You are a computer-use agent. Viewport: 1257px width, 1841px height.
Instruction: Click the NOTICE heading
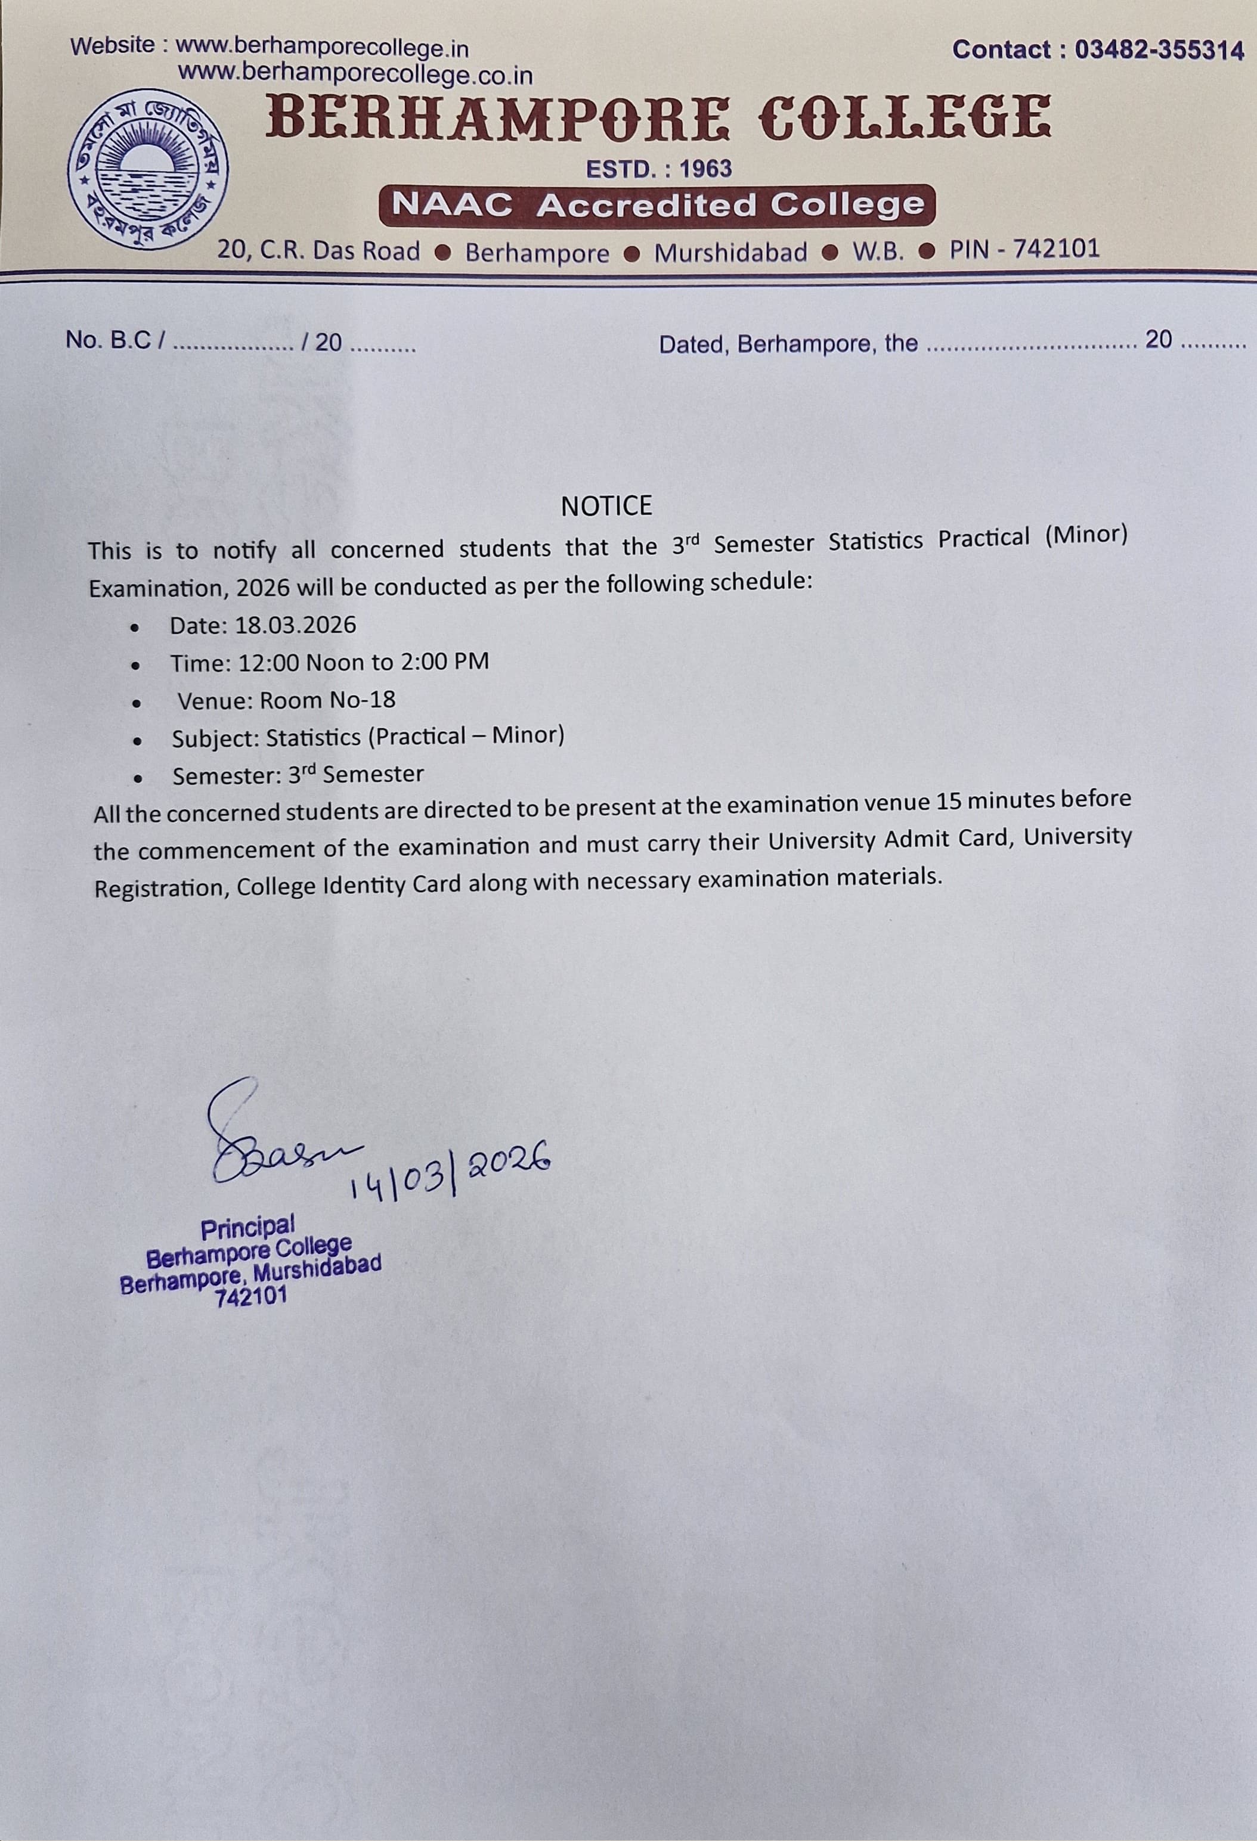606,506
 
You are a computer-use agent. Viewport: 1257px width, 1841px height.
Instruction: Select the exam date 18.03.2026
296,625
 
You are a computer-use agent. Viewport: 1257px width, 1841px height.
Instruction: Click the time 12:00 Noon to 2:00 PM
363,662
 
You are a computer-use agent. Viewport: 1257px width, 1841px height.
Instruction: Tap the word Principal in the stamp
247,1229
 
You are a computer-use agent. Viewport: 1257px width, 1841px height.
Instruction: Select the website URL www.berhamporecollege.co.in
355,74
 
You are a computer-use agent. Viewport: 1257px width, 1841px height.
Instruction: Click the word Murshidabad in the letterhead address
730,253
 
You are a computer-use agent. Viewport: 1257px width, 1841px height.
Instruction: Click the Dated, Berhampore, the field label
788,344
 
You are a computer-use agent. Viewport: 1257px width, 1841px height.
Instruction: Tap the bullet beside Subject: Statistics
138,741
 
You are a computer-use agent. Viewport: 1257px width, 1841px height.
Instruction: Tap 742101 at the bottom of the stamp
250,1297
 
